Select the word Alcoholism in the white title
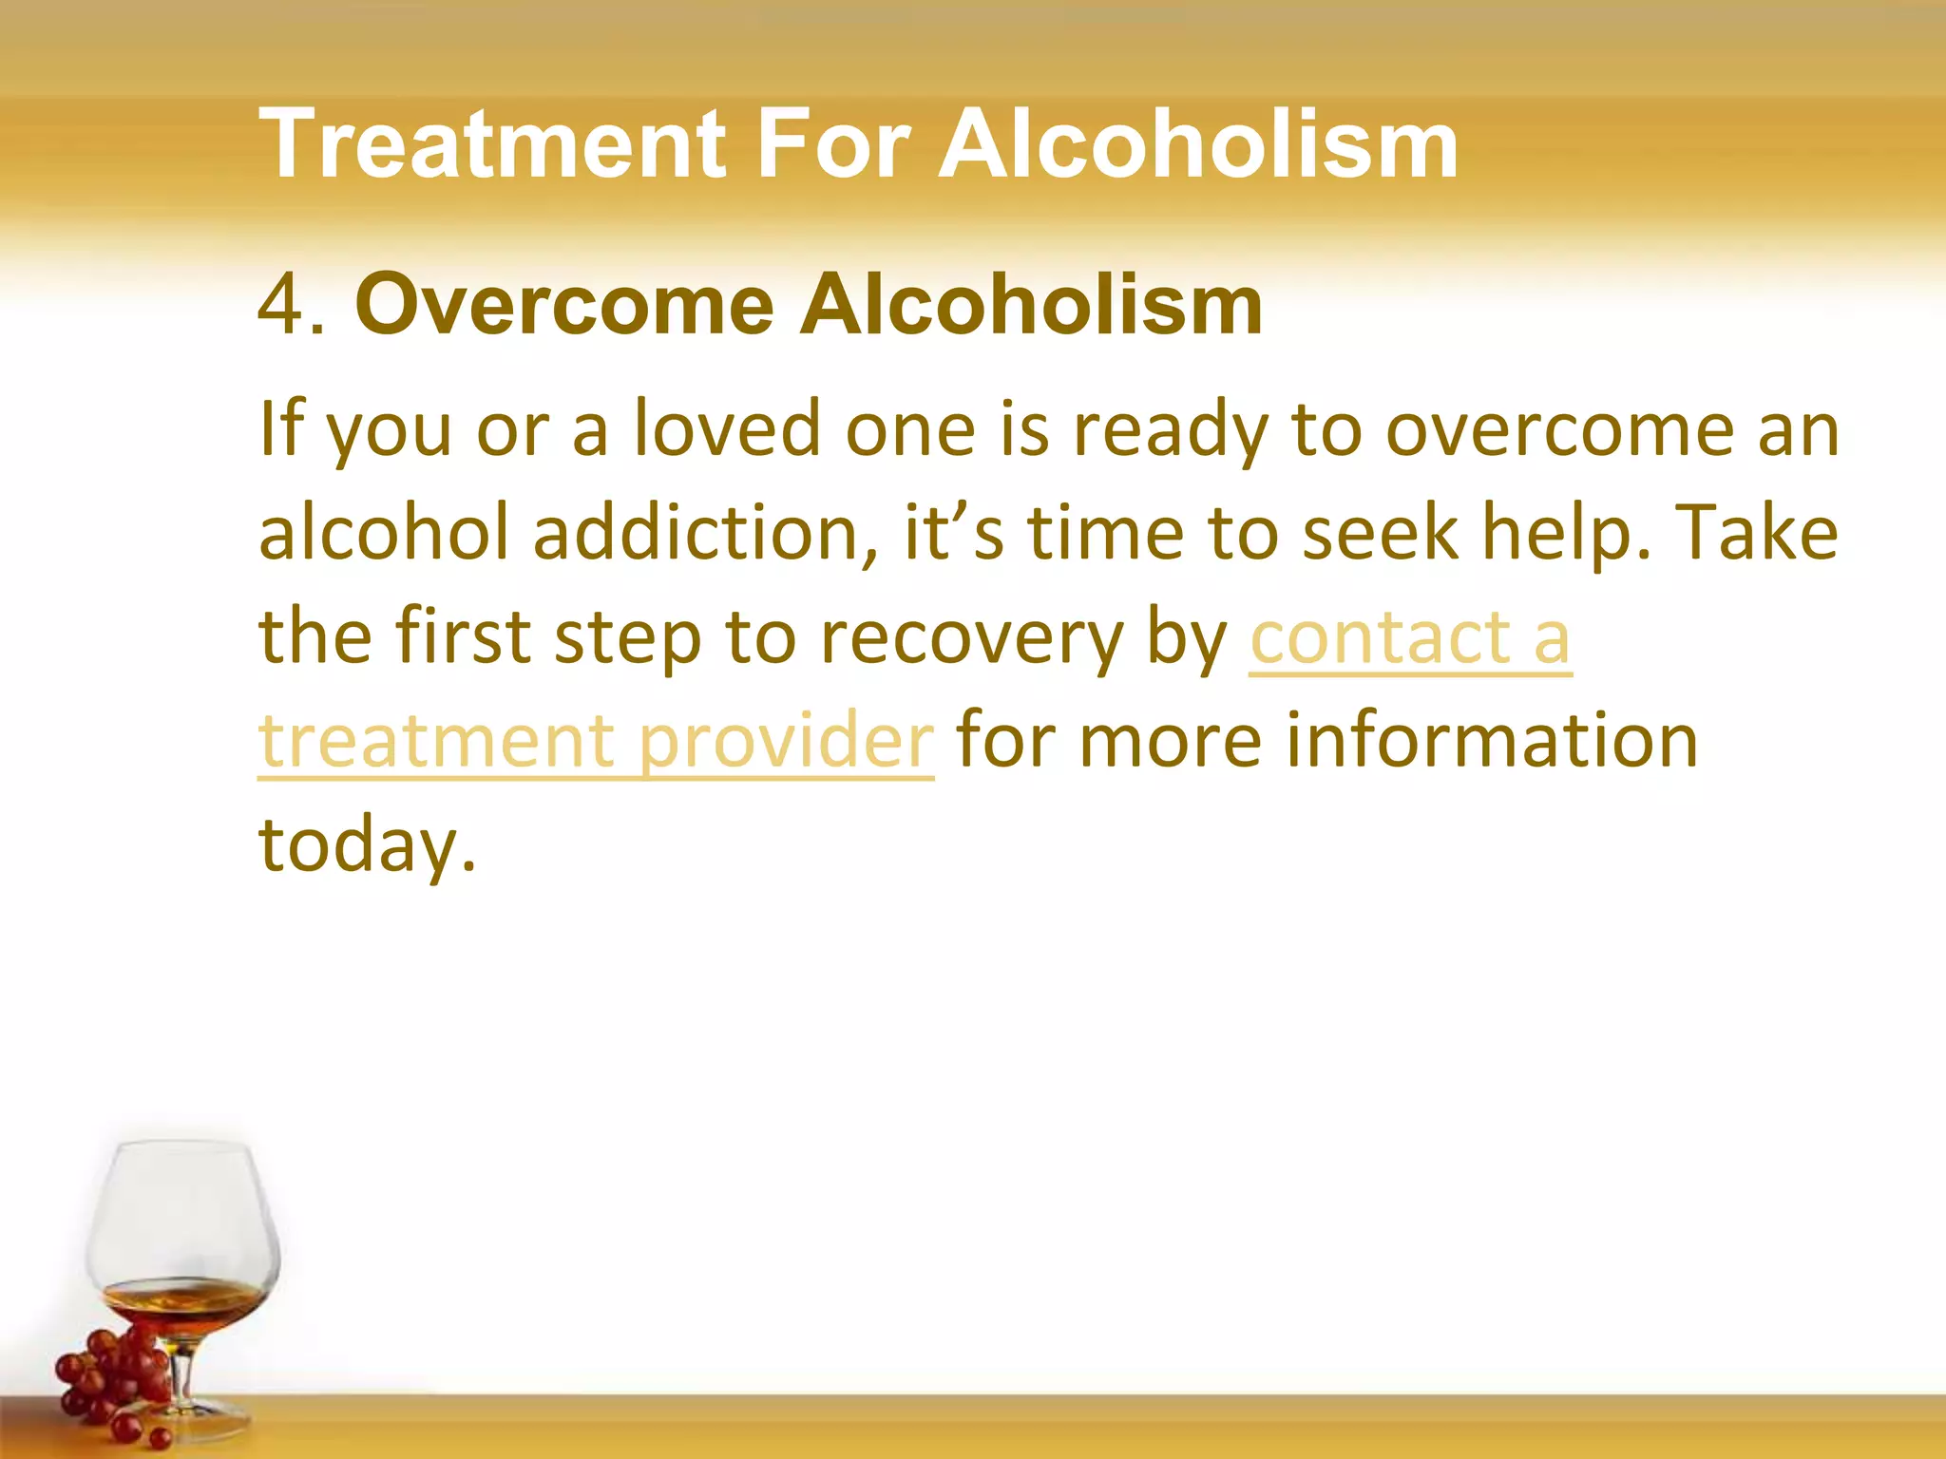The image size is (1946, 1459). [1199, 144]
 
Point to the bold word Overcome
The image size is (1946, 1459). [564, 306]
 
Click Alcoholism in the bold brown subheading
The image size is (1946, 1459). [1031, 306]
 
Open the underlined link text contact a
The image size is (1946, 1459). [1410, 638]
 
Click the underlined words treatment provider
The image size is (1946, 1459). [596, 741]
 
